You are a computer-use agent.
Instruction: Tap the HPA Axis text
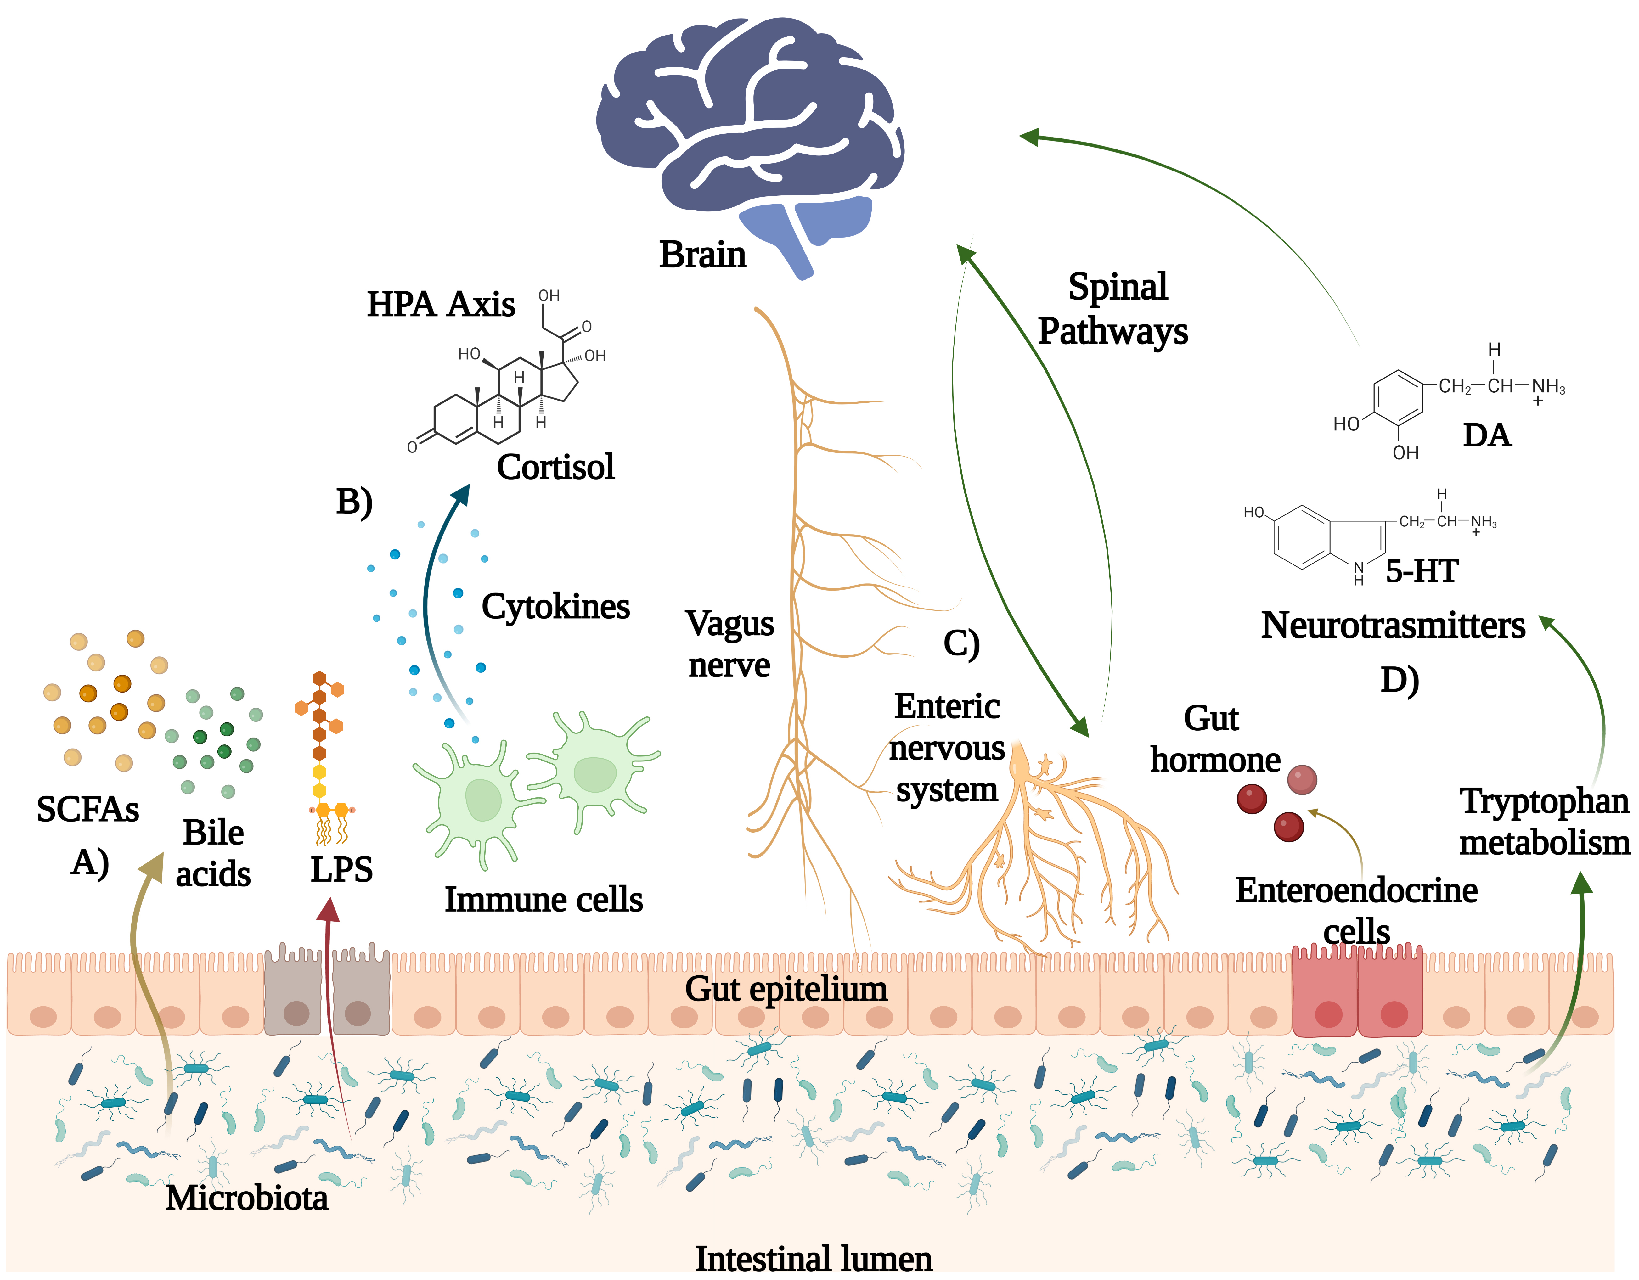click(x=441, y=305)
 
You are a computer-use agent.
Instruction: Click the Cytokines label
click(x=555, y=606)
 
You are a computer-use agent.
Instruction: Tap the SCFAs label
click(x=88, y=810)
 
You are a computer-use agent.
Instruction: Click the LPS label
click(x=341, y=870)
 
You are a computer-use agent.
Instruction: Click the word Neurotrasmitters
click(x=1393, y=625)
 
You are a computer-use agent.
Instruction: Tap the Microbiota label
click(x=247, y=1198)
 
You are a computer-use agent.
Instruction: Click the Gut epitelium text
click(x=786, y=989)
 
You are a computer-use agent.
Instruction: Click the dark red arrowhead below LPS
click(x=328, y=910)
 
